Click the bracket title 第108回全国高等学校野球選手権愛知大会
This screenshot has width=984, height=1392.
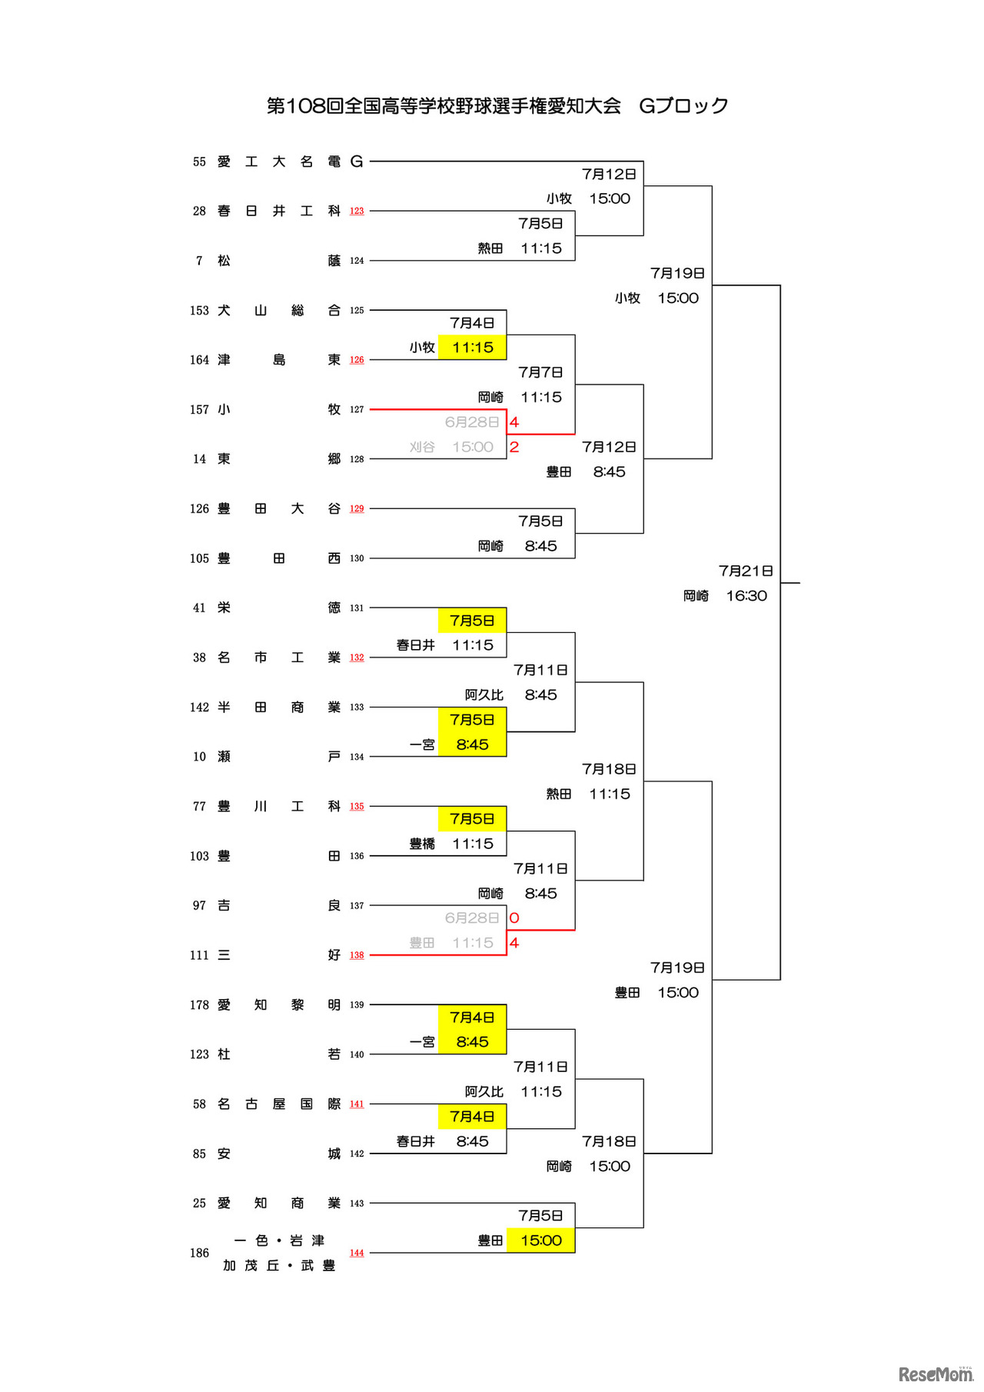444,105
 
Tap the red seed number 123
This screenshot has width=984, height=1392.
357,211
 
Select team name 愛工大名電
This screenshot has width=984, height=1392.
279,162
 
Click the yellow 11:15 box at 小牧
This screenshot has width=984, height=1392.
473,348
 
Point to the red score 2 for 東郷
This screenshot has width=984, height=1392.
514,447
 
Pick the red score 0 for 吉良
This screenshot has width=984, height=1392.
514,917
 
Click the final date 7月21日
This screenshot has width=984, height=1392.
746,571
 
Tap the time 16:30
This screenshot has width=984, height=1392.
746,595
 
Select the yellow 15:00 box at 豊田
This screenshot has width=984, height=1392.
541,1240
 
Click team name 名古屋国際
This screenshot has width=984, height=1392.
279,1104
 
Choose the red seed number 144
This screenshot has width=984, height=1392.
357,1253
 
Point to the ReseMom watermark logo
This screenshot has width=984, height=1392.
936,1374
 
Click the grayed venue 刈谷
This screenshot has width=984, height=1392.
422,447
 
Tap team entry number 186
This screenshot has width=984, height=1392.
199,1253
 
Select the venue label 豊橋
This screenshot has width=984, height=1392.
422,844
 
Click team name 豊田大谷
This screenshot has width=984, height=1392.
279,508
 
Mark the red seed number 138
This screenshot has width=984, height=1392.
357,955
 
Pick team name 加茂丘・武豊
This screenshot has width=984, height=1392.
279,1266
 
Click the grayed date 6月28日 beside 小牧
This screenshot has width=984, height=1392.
472,422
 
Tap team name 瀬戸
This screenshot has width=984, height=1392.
279,757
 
